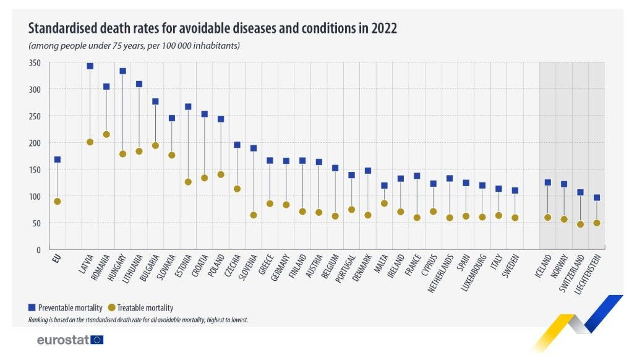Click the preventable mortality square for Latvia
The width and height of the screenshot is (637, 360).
coord(90,66)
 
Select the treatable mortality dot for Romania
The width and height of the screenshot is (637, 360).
coord(106,134)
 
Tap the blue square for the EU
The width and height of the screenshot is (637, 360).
coord(58,160)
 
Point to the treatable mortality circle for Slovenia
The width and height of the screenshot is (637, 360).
coord(254,215)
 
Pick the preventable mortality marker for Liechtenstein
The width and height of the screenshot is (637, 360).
coord(597,198)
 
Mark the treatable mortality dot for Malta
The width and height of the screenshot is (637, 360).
coord(384,204)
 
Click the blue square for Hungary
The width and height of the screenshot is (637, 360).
coord(122,71)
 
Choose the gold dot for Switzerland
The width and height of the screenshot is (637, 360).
coord(580,225)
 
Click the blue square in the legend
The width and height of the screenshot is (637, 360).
coord(32,307)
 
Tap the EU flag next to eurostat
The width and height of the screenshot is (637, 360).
coord(97,340)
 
